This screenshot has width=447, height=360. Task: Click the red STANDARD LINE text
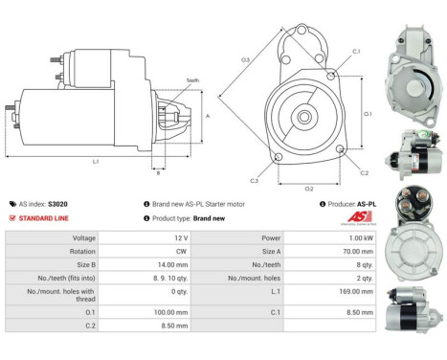[x=45, y=217]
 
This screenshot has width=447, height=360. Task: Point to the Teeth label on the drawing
[x=192, y=80]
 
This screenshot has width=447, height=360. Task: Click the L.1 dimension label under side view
[x=96, y=161]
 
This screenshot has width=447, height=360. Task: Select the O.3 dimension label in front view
[x=245, y=60]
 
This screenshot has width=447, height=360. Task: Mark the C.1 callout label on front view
[x=356, y=50]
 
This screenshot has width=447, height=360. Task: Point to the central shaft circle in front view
[x=305, y=116]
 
